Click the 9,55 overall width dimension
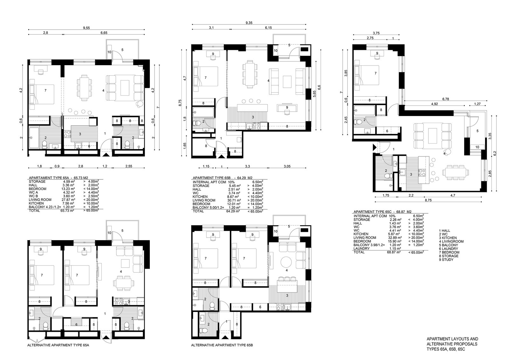(x=86, y=28)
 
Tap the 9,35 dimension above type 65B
(x=249, y=23)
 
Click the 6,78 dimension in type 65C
(x=446, y=99)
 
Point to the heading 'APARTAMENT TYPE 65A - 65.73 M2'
(x=59, y=178)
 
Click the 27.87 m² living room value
(x=68, y=200)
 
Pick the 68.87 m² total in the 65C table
(x=394, y=252)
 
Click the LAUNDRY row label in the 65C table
(x=361, y=248)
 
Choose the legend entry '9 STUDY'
(x=446, y=260)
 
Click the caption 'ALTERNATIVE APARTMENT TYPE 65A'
(x=58, y=345)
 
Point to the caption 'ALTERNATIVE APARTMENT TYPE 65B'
(x=222, y=345)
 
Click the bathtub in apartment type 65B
(x=203, y=112)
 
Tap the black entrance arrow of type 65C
(x=374, y=148)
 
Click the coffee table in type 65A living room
(x=125, y=88)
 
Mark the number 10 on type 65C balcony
(x=477, y=147)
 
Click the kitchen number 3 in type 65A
(x=80, y=134)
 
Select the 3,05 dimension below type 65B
(x=287, y=166)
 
